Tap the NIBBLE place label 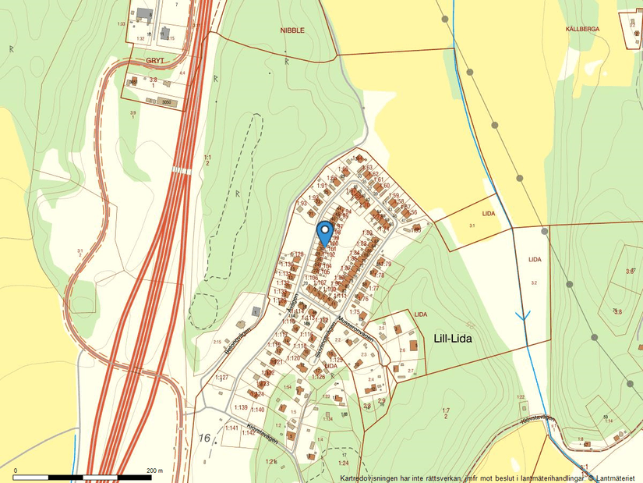coord(292,30)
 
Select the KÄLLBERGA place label coord(582,28)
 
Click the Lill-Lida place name coord(452,339)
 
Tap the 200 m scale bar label coord(154,471)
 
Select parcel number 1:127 coord(221,378)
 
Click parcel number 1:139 coord(240,408)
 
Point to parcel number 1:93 coord(301,204)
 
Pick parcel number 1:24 coord(344,463)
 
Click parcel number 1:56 coord(412,212)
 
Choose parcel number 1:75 coord(354,312)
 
